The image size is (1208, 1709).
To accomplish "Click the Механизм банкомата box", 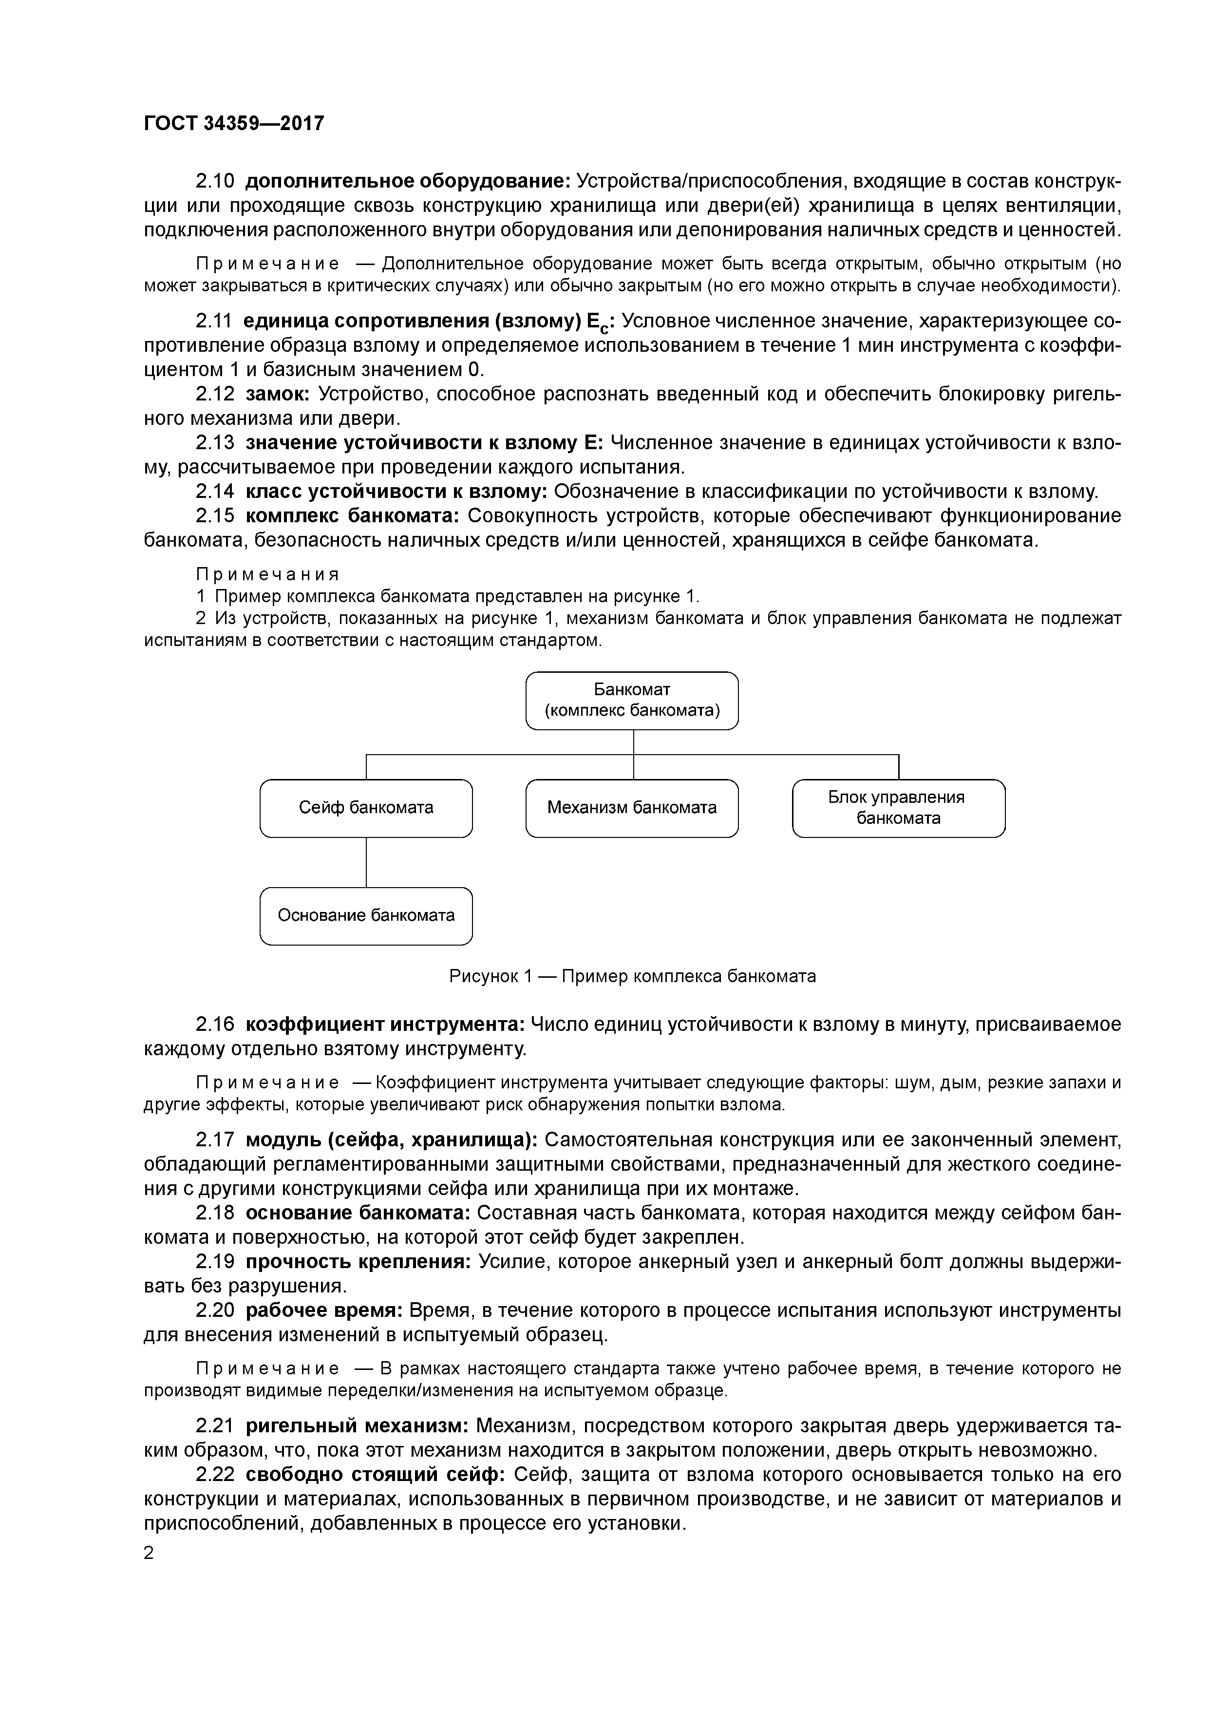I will coord(632,808).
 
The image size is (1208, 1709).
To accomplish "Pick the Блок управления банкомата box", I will coord(898,808).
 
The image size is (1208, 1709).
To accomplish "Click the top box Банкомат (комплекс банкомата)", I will coord(632,701).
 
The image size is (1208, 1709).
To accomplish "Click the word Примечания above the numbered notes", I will coord(267,575).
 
